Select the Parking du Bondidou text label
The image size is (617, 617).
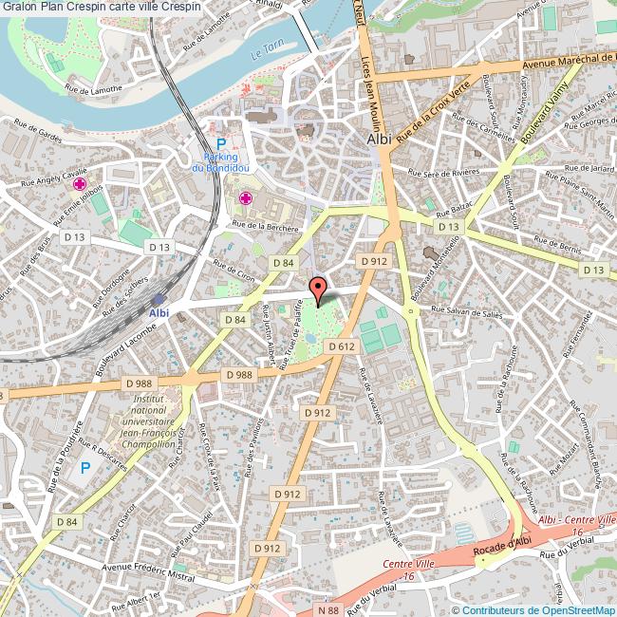220,162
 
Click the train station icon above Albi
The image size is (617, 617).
159,298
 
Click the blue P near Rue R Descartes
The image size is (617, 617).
84,467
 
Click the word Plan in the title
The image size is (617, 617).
51,8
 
